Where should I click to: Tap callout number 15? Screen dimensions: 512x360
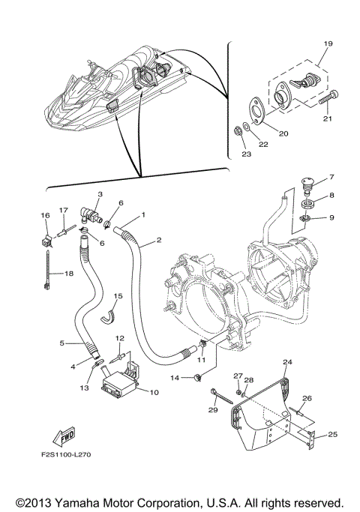pyautogui.click(x=118, y=297)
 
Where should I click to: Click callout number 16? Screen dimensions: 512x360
pyautogui.click(x=44, y=215)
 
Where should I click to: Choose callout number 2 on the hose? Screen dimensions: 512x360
pyautogui.click(x=159, y=241)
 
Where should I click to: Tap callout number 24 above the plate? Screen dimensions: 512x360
pyautogui.click(x=286, y=362)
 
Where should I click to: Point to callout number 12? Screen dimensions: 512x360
pyautogui.click(x=120, y=338)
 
